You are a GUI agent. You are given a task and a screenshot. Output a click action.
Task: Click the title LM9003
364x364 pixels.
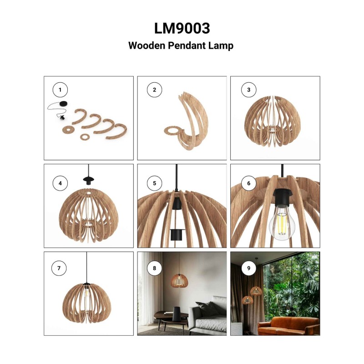(x=182, y=28)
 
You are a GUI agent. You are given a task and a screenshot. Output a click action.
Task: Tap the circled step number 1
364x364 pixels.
(x=60, y=90)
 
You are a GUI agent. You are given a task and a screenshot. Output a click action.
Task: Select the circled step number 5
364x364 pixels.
(x=154, y=183)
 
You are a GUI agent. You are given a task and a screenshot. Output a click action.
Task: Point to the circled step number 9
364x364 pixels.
(x=248, y=268)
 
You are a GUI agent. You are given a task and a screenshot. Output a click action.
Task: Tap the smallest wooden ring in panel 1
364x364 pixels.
(x=85, y=137)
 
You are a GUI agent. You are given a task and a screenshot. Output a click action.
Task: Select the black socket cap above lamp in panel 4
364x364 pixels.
(x=89, y=180)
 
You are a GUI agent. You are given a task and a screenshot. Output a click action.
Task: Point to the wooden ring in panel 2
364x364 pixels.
(x=173, y=131)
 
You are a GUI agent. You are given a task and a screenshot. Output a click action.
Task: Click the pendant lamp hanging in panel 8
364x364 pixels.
(x=179, y=280)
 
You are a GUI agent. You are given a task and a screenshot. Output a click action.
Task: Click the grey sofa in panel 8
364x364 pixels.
(x=208, y=316)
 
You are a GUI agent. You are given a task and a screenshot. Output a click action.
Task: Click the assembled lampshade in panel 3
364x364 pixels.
(x=272, y=121)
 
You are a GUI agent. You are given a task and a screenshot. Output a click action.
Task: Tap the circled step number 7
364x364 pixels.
(x=59, y=268)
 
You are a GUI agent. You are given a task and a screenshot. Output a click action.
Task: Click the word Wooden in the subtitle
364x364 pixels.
(x=147, y=45)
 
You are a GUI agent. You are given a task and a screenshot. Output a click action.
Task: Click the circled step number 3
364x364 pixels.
(x=248, y=90)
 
